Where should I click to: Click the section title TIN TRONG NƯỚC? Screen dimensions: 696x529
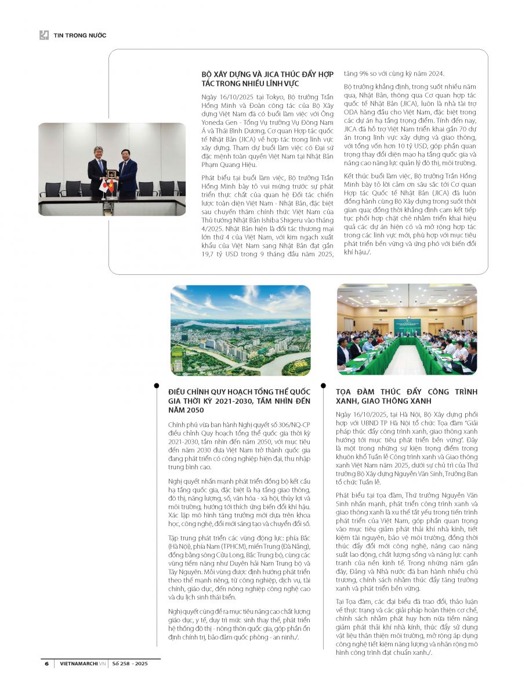[80, 35]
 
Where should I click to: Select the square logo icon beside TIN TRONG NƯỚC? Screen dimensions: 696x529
[44, 35]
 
